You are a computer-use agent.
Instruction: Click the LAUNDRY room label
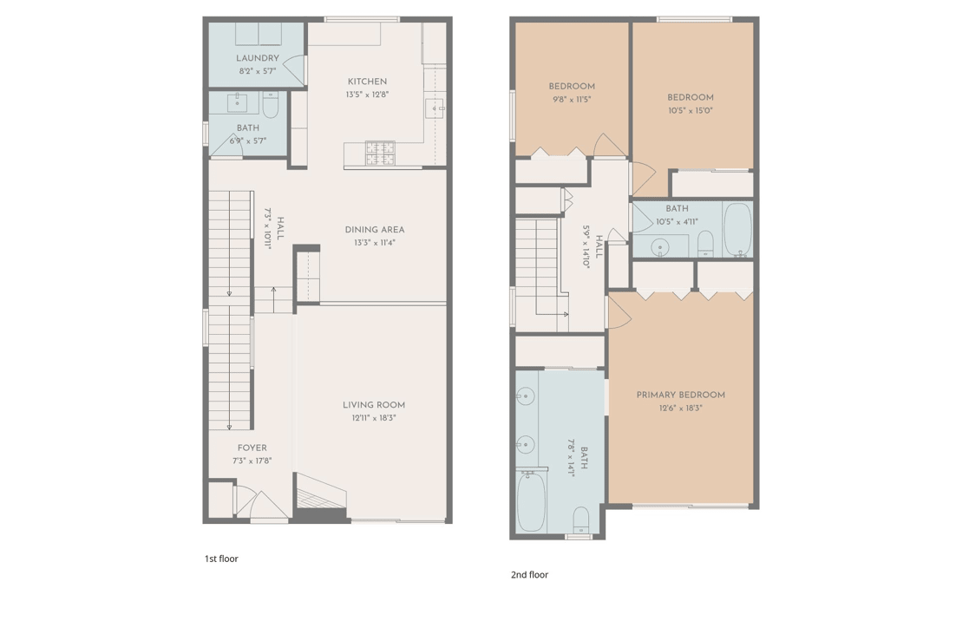pyautogui.click(x=258, y=58)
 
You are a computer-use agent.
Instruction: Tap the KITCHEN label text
pyautogui.click(x=367, y=82)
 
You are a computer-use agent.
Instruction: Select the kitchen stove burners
pyautogui.click(x=380, y=154)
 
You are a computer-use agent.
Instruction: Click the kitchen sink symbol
pyautogui.click(x=435, y=108)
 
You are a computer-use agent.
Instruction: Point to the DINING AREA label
pyautogui.click(x=375, y=230)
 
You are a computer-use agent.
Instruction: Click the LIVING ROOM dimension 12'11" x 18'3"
pyautogui.click(x=374, y=418)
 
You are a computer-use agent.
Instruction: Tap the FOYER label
pyautogui.click(x=252, y=448)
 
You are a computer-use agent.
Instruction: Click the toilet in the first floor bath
pyautogui.click(x=271, y=104)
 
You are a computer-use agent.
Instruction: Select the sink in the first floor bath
pyautogui.click(x=238, y=102)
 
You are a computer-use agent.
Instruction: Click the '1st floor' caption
pyautogui.click(x=221, y=559)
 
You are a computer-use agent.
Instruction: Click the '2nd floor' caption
pyautogui.click(x=530, y=575)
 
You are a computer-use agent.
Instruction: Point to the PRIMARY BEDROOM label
pyautogui.click(x=680, y=395)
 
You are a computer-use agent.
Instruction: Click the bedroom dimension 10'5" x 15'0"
pyautogui.click(x=691, y=111)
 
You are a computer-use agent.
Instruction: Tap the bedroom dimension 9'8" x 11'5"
pyautogui.click(x=572, y=100)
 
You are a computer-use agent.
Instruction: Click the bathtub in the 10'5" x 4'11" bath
pyautogui.click(x=737, y=229)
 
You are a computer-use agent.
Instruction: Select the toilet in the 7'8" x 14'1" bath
pyautogui.click(x=581, y=521)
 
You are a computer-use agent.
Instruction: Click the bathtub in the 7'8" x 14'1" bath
pyautogui.click(x=531, y=501)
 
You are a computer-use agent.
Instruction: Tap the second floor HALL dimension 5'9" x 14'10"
pyautogui.click(x=586, y=246)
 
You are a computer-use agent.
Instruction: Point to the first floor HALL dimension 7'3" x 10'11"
pyautogui.click(x=267, y=228)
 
